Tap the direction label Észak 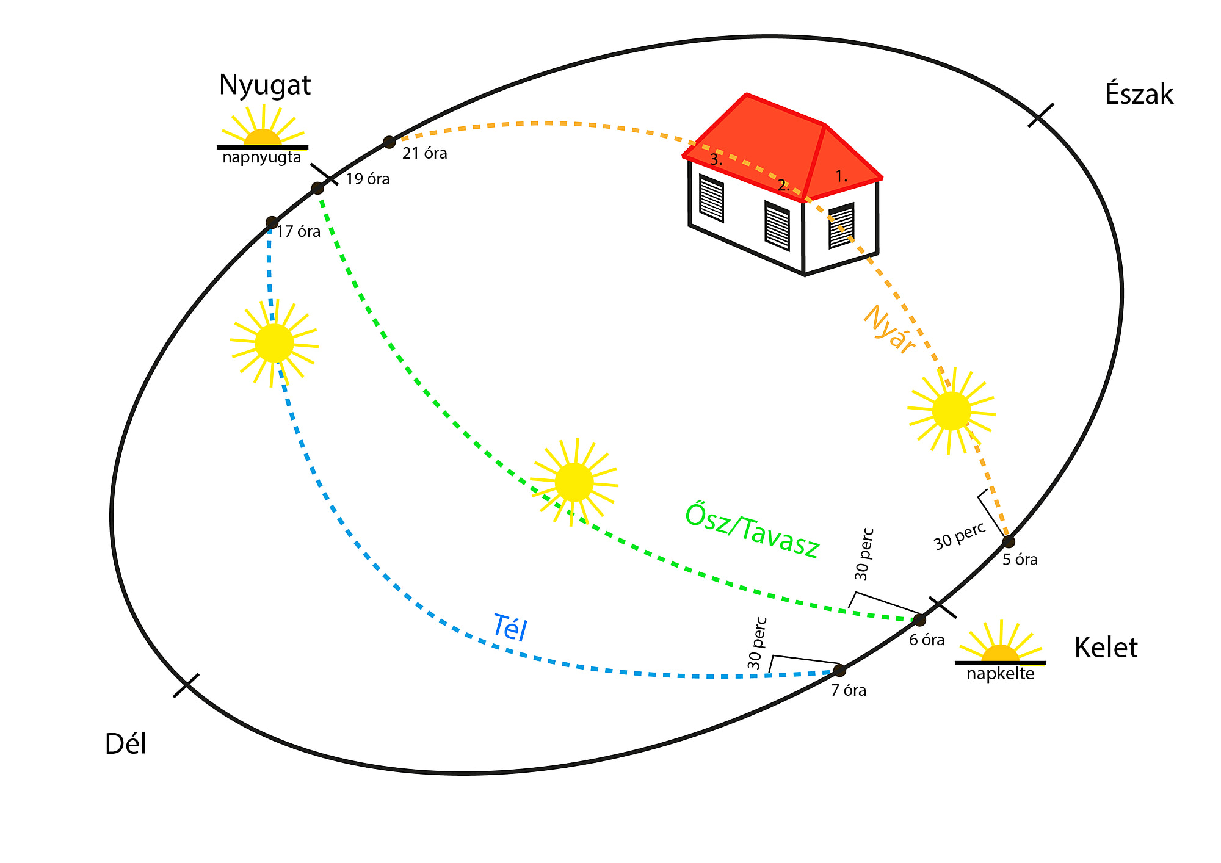[x=1139, y=95]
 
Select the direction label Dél [x=126, y=744]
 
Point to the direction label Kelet [x=1106, y=648]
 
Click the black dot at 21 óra [x=389, y=142]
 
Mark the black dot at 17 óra [x=272, y=223]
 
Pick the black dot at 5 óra [x=1009, y=541]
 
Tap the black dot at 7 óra [x=839, y=670]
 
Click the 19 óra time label [x=368, y=179]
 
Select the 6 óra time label [x=927, y=640]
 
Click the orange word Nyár [x=889, y=330]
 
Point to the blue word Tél [x=510, y=627]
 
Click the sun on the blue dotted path [x=274, y=343]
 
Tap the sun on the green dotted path [x=574, y=482]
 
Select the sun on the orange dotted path [x=951, y=411]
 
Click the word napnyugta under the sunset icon [x=262, y=157]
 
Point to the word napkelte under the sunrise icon [x=1000, y=674]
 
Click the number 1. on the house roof [x=841, y=176]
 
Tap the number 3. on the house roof [x=716, y=160]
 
